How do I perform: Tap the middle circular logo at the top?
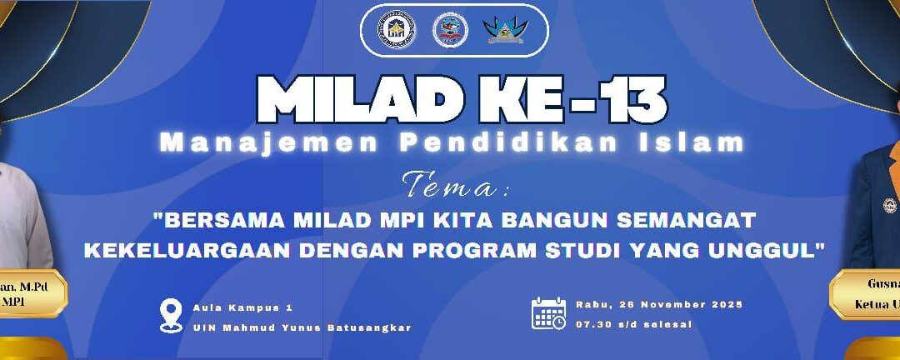450,30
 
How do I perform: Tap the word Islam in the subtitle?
689,143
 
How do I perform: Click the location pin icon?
171,316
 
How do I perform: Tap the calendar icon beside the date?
549,312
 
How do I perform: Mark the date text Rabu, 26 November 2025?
658,304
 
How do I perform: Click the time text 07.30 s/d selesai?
633,324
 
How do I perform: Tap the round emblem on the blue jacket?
890,204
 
